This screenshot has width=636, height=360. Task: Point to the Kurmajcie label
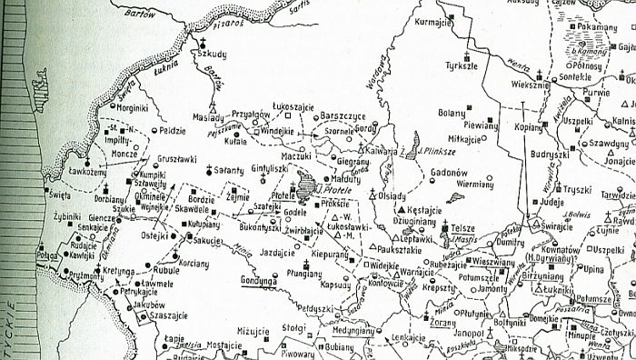click(x=432, y=21)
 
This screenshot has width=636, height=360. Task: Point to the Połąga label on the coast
click(x=47, y=258)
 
